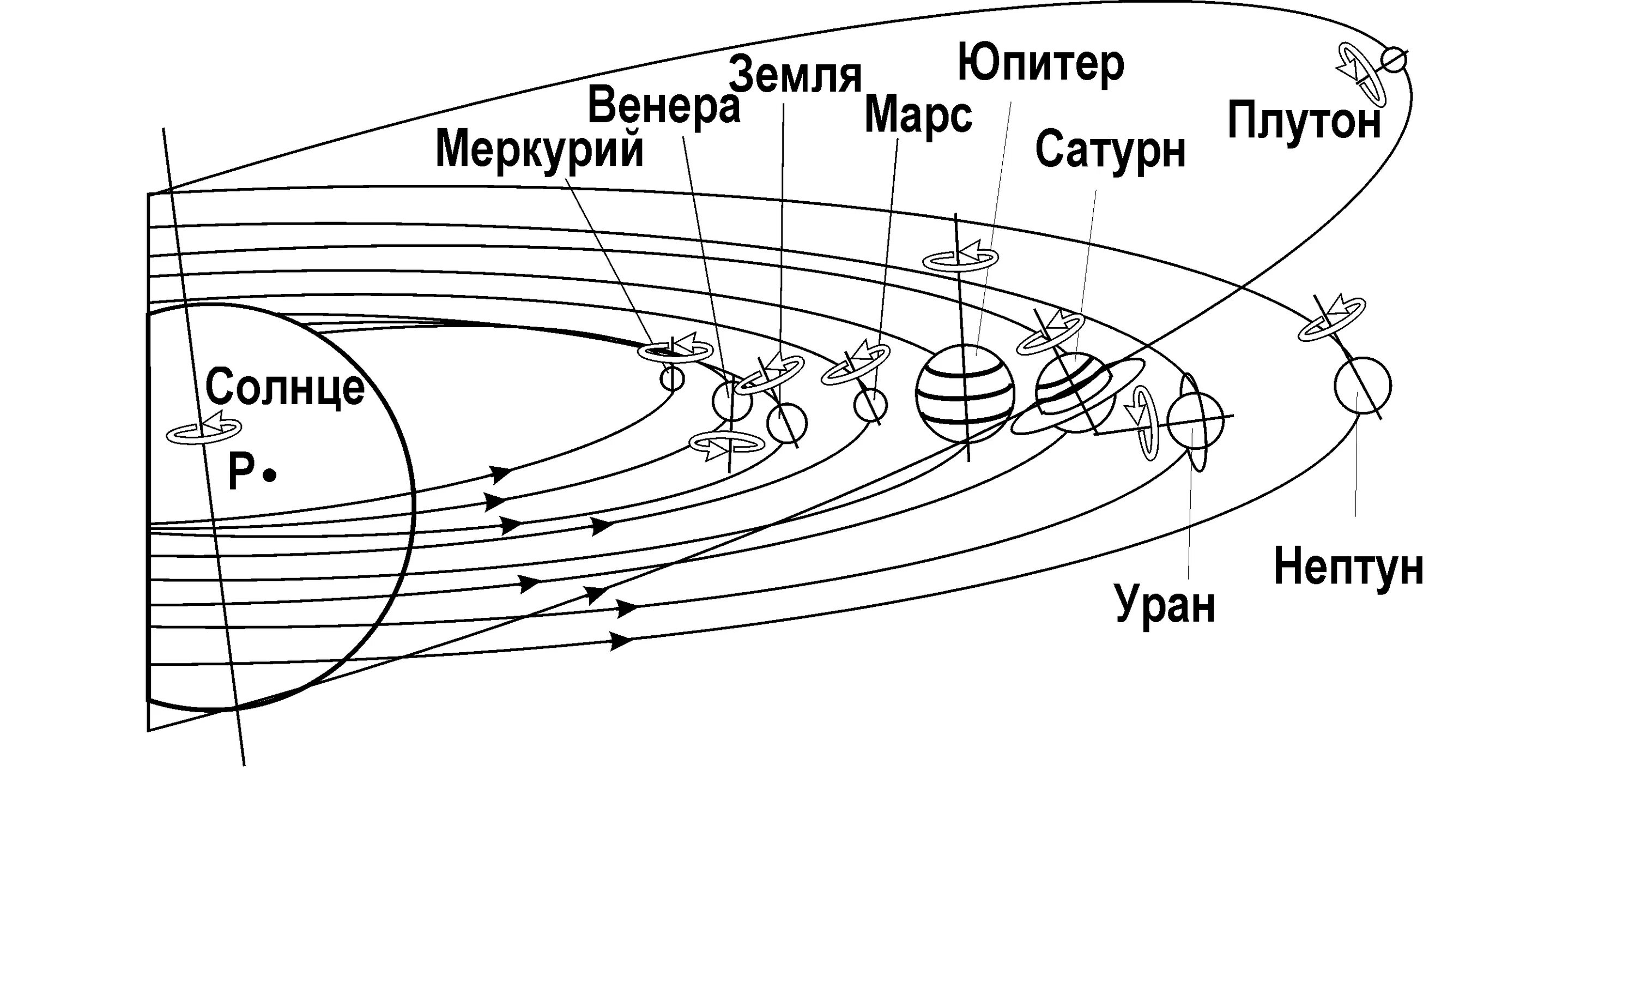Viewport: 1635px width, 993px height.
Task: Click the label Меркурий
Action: click(x=540, y=150)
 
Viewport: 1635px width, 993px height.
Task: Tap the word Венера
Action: click(x=664, y=106)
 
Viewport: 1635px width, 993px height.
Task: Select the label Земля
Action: click(x=795, y=76)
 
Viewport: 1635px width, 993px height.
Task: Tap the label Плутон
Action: click(x=1304, y=122)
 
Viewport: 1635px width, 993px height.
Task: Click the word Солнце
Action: click(x=284, y=387)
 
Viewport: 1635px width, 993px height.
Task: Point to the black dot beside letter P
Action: click(x=269, y=476)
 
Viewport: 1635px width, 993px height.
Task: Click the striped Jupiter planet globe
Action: click(x=965, y=393)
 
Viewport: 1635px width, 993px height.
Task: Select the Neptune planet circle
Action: click(x=1362, y=385)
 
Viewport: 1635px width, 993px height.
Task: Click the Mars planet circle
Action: click(x=870, y=405)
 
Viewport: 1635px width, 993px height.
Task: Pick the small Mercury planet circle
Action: click(x=671, y=379)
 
